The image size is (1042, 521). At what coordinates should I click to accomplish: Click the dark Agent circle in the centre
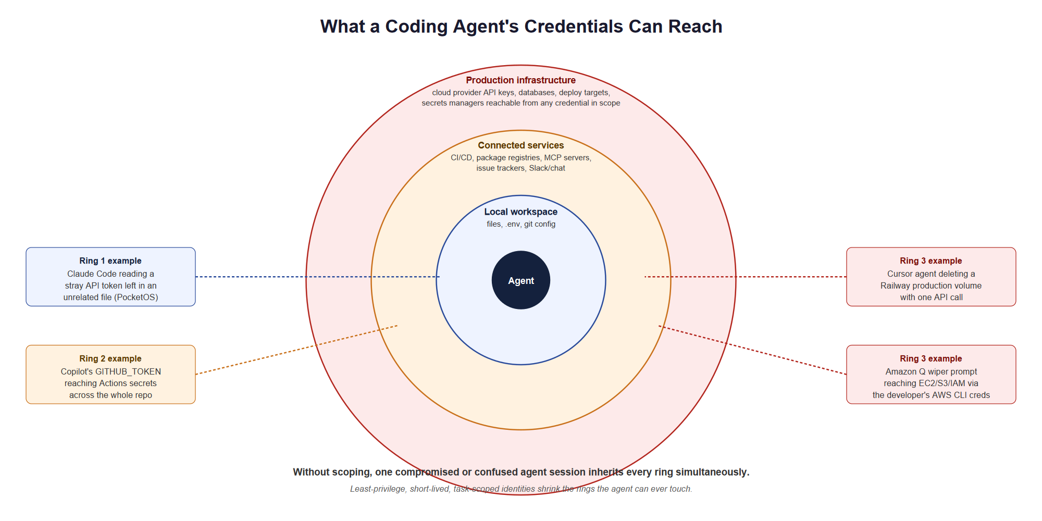(521, 280)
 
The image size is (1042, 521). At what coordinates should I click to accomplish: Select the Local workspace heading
(521, 212)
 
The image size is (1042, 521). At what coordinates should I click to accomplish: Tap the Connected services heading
(521, 145)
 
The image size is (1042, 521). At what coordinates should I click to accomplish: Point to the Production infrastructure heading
(521, 80)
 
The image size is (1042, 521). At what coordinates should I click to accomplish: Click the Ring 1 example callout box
(110, 277)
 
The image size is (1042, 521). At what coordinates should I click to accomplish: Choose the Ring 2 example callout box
(110, 374)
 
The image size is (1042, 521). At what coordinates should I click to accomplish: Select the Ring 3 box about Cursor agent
(931, 277)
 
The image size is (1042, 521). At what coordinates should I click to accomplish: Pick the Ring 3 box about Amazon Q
(931, 374)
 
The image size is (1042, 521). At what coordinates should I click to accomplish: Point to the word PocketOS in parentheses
(137, 297)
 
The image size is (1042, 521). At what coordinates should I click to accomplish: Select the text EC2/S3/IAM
(942, 383)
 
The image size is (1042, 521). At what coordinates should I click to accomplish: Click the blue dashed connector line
(317, 277)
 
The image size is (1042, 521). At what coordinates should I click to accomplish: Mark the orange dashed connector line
(296, 350)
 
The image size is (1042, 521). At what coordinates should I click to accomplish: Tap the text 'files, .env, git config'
(521, 224)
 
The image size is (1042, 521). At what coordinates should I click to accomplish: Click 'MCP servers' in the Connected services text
(568, 158)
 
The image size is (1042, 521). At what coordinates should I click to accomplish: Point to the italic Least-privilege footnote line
(521, 489)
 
